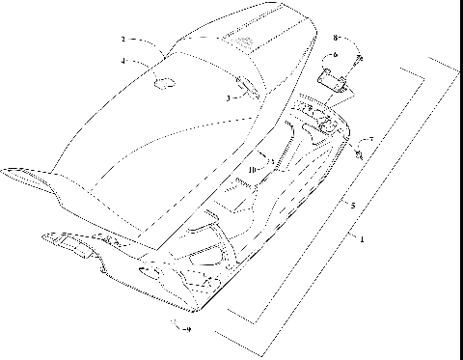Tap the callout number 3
pyautogui.click(x=229, y=97)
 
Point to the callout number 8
pyautogui.click(x=336, y=38)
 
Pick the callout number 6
pyautogui.click(x=335, y=55)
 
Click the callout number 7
pyautogui.click(x=371, y=140)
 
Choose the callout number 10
pyautogui.click(x=252, y=169)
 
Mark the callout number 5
pyautogui.click(x=352, y=206)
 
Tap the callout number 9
pyautogui.click(x=187, y=329)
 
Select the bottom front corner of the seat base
pyautogui.click(x=198, y=311)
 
